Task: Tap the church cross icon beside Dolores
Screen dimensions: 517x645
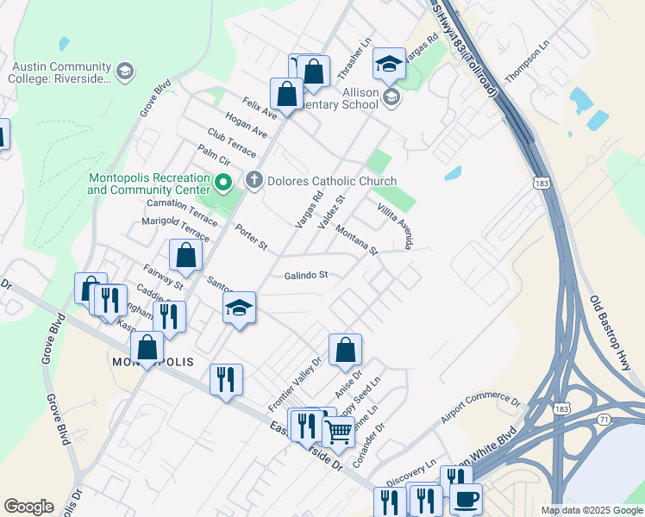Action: [254, 181]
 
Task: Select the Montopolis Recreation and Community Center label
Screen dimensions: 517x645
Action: [149, 184]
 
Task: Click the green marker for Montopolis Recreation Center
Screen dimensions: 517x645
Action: [222, 183]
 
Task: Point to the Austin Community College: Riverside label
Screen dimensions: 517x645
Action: [60, 72]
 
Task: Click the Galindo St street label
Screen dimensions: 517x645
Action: [307, 276]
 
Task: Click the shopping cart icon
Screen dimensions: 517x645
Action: [338, 430]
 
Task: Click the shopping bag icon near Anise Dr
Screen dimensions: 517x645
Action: [345, 349]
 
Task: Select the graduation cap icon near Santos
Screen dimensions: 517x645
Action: [239, 308]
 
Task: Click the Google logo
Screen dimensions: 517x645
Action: [28, 507]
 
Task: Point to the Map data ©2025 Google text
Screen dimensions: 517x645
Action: [592, 510]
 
